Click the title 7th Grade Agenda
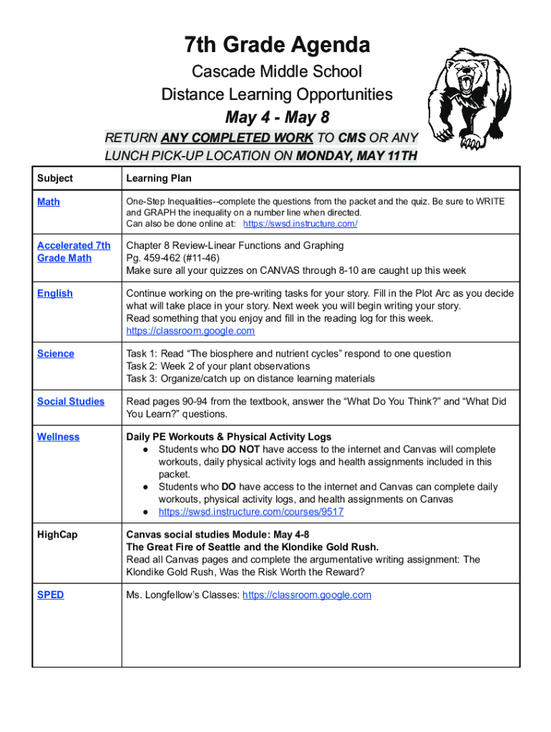coord(277,46)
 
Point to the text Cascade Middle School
coord(276,71)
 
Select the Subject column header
coord(55,178)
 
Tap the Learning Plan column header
coord(158,178)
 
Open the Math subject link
coord(49,202)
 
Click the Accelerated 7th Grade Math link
coord(74,252)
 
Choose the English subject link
coord(55,293)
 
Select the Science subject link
coord(56,354)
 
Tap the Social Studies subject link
coord(71,402)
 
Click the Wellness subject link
coord(59,437)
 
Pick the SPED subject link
coord(50,595)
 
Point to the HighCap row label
coord(57,535)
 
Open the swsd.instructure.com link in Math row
coord(300,224)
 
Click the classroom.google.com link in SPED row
coord(307,595)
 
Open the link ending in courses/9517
coord(250,512)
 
